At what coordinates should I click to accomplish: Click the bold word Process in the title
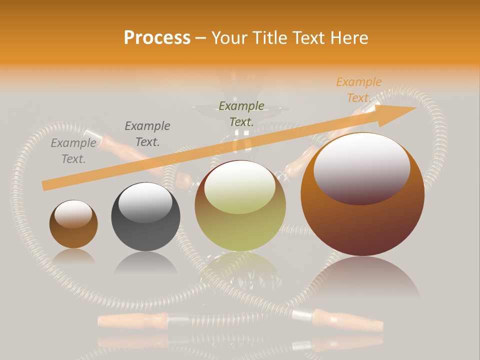pos(157,38)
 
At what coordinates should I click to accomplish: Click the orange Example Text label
pos(358,90)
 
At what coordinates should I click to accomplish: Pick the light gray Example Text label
pos(73,151)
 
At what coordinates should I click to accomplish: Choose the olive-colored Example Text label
pos(241,113)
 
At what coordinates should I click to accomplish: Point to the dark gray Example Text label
pos(147,134)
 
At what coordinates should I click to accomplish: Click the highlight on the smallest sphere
pos(73,213)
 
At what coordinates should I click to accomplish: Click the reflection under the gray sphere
pos(145,262)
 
